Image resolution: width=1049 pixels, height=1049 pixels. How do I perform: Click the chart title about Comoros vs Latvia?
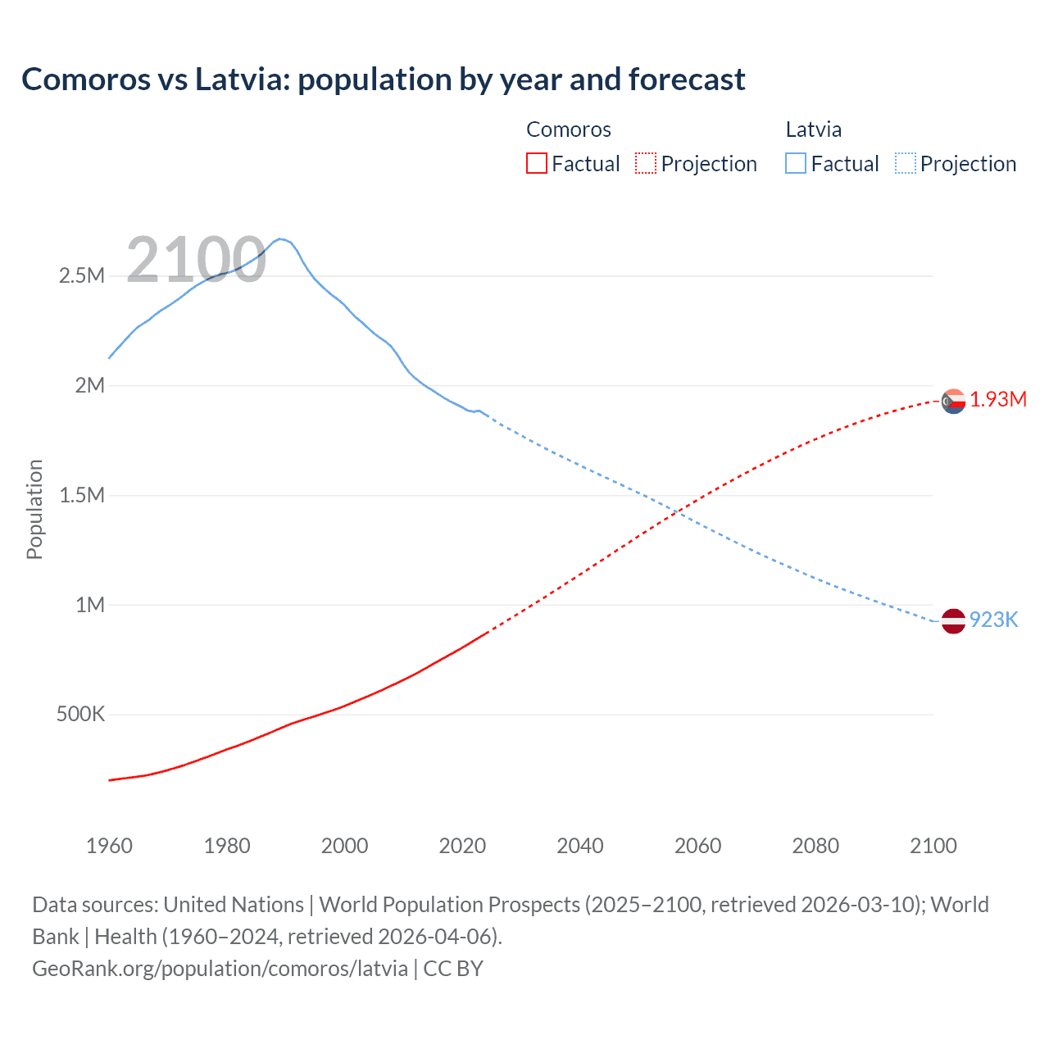(x=383, y=79)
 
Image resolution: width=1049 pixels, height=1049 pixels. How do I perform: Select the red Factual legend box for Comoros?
(x=536, y=163)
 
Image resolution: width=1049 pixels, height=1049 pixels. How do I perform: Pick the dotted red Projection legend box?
(x=646, y=163)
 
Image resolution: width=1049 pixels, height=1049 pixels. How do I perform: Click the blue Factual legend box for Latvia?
(x=796, y=163)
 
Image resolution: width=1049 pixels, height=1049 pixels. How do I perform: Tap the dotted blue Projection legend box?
(x=906, y=163)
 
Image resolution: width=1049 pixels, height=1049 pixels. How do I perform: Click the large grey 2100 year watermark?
(x=196, y=261)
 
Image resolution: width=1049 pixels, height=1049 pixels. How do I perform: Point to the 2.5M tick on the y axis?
(x=82, y=275)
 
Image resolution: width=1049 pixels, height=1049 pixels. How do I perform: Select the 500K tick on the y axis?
(x=80, y=714)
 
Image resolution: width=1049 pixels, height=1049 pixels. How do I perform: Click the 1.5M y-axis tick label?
(x=82, y=495)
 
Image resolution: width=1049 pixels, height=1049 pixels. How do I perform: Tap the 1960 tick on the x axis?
(x=109, y=846)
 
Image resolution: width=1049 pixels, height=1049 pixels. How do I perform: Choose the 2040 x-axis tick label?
(x=580, y=846)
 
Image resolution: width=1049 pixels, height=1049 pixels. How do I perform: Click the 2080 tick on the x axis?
(x=815, y=846)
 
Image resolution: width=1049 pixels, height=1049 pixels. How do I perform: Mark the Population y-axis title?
(x=34, y=509)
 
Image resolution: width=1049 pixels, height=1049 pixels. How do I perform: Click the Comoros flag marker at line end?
(x=953, y=402)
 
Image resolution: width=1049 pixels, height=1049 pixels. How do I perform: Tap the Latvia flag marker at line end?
(x=953, y=621)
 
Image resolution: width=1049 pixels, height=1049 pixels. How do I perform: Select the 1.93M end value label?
(x=998, y=400)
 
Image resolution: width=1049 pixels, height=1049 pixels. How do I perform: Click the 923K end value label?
(x=993, y=620)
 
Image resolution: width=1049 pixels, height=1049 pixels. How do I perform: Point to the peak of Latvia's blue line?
(x=280, y=238)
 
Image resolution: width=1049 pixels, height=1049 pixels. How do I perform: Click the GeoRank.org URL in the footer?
(x=220, y=969)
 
